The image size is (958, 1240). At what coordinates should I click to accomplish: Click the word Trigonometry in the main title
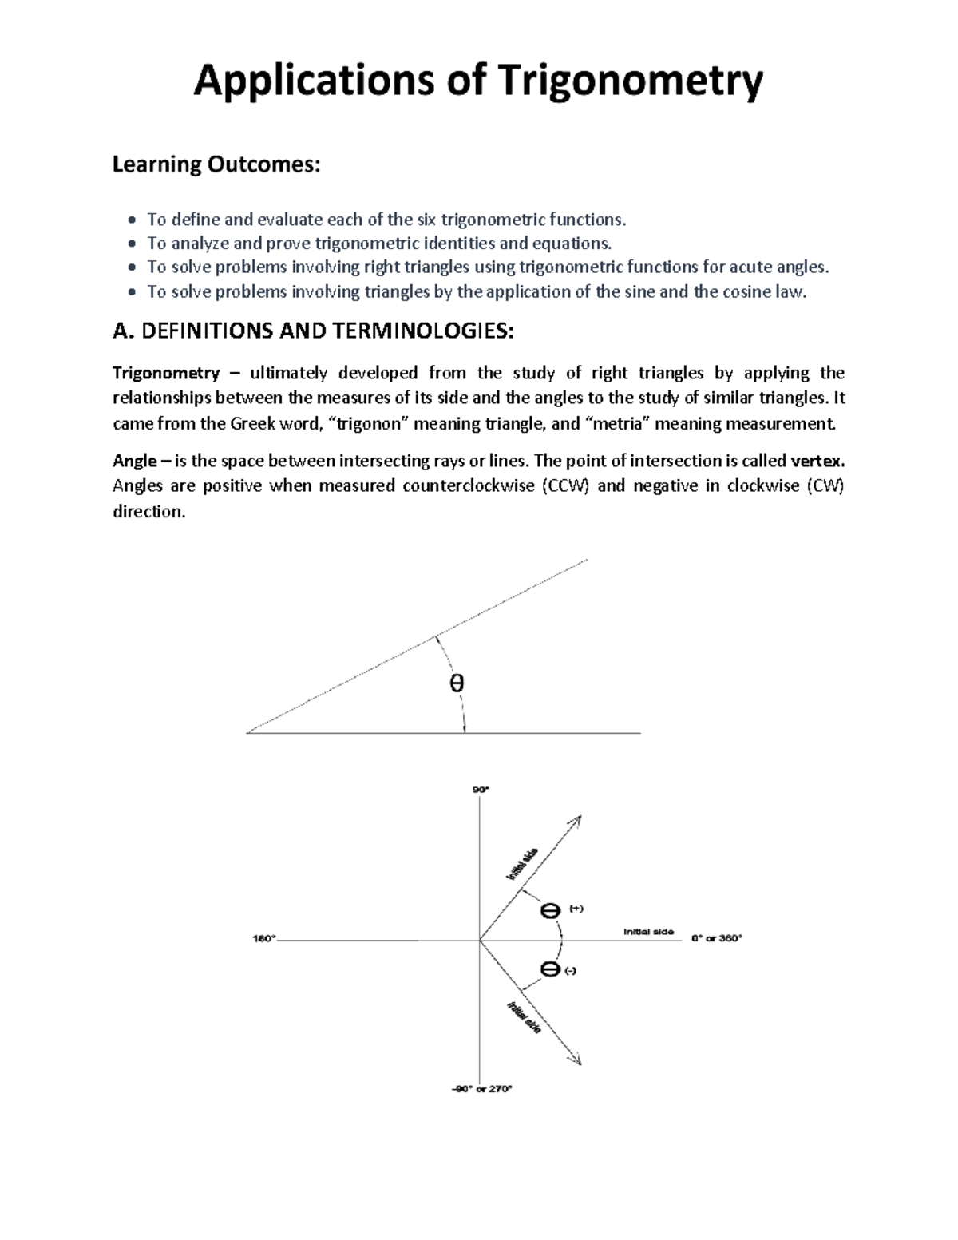pyautogui.click(x=630, y=83)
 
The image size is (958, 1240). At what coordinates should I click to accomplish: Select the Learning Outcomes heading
pyautogui.click(x=216, y=165)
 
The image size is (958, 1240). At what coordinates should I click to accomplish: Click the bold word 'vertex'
pyautogui.click(x=816, y=462)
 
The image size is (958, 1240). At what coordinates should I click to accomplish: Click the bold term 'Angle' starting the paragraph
pyautogui.click(x=134, y=462)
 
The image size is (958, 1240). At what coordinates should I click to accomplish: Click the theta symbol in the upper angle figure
pyautogui.click(x=457, y=684)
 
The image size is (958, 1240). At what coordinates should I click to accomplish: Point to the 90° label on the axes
pyautogui.click(x=480, y=790)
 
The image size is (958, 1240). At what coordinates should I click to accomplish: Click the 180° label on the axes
pyautogui.click(x=263, y=939)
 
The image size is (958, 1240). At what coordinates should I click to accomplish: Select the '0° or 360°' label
pyautogui.click(x=716, y=939)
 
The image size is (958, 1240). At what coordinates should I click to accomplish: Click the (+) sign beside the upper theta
pyautogui.click(x=576, y=909)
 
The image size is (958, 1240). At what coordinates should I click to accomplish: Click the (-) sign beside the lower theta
pyautogui.click(x=570, y=971)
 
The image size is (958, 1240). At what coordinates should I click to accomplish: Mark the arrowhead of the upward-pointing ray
pyautogui.click(x=576, y=820)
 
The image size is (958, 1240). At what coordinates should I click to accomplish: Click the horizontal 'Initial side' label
pyautogui.click(x=648, y=932)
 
